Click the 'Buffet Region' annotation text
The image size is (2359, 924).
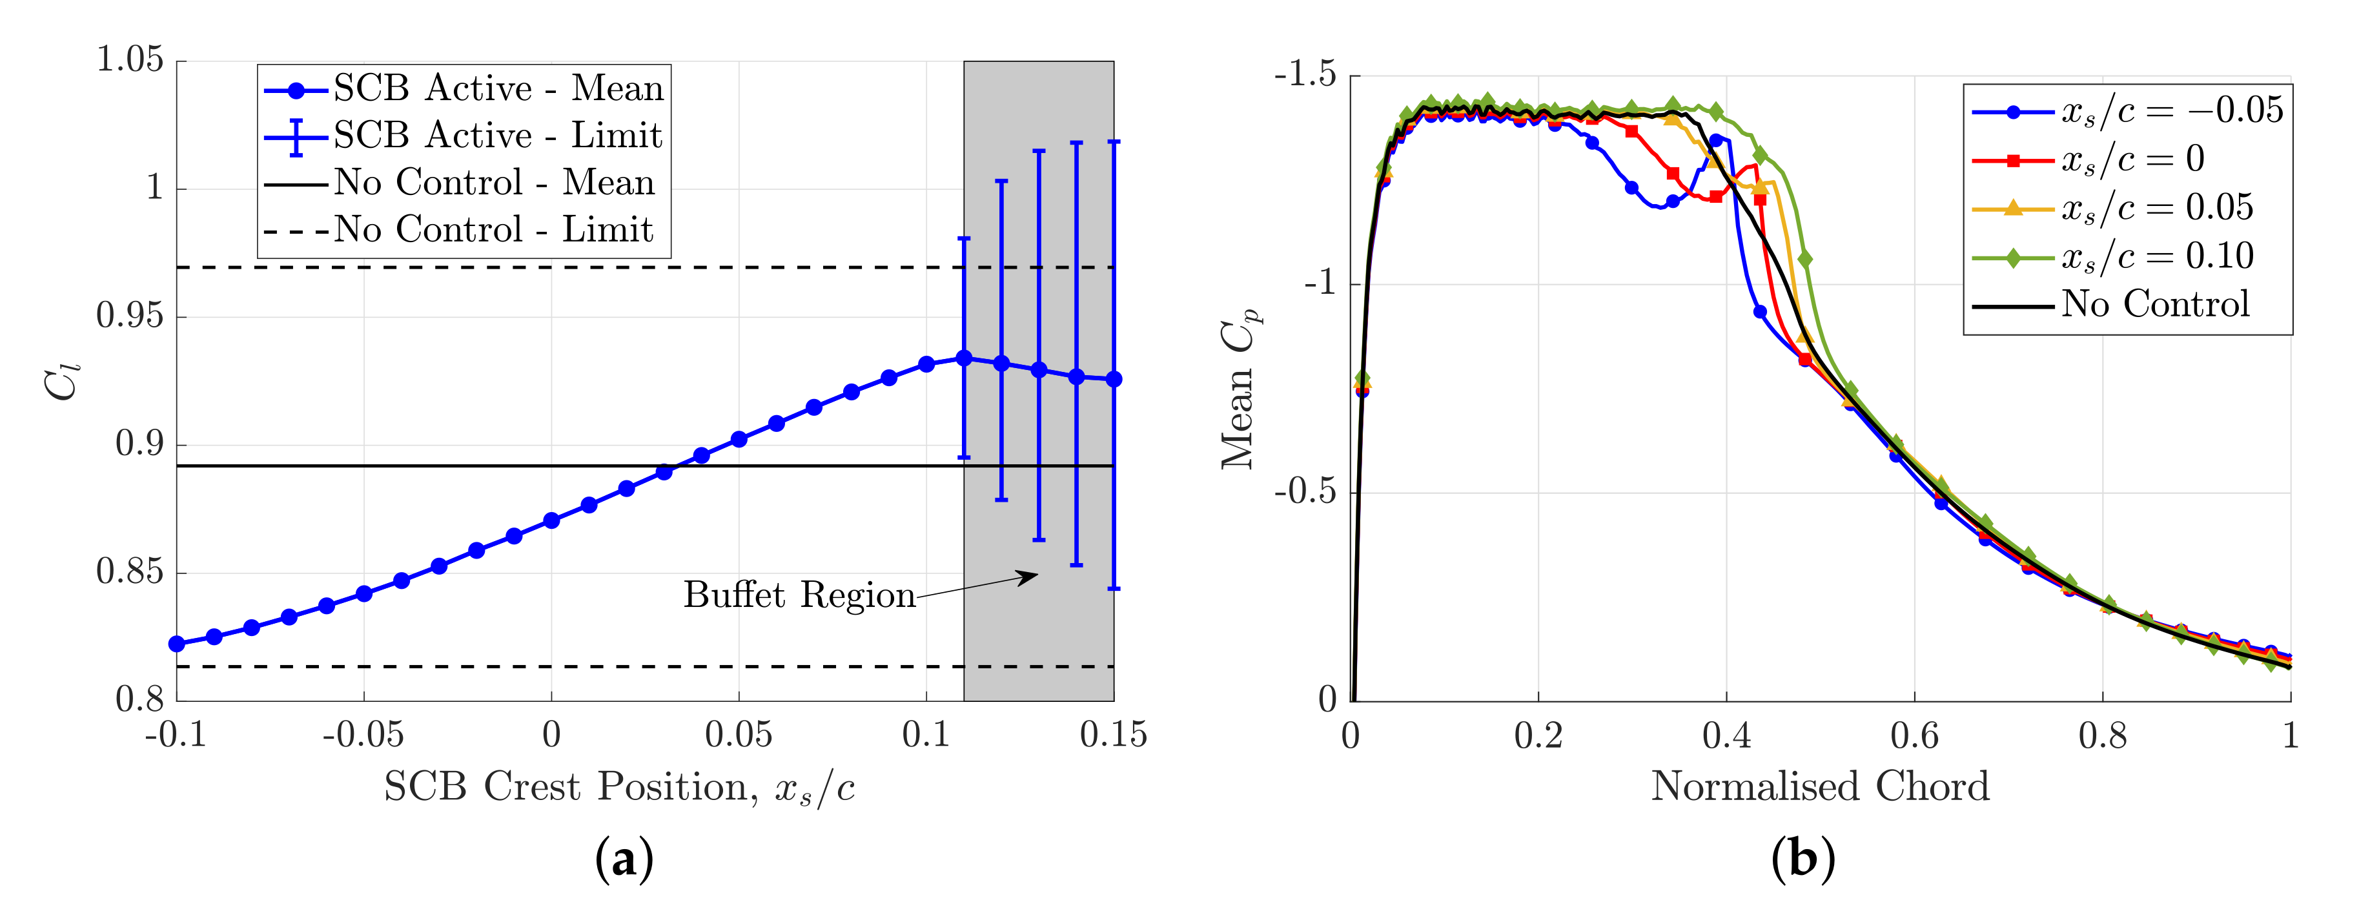[799, 595]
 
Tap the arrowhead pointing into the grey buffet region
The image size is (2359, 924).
[1032, 576]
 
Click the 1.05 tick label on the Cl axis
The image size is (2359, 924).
[130, 61]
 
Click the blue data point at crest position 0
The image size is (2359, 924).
[551, 521]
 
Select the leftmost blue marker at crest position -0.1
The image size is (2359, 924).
[177, 644]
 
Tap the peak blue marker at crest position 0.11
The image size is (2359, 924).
[963, 358]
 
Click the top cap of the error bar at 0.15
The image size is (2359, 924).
[1114, 142]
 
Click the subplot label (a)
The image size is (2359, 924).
[624, 860]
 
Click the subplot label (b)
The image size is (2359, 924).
[1802, 860]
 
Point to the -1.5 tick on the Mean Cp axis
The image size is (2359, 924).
[1304, 75]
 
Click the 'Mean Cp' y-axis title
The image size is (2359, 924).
[1241, 389]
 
